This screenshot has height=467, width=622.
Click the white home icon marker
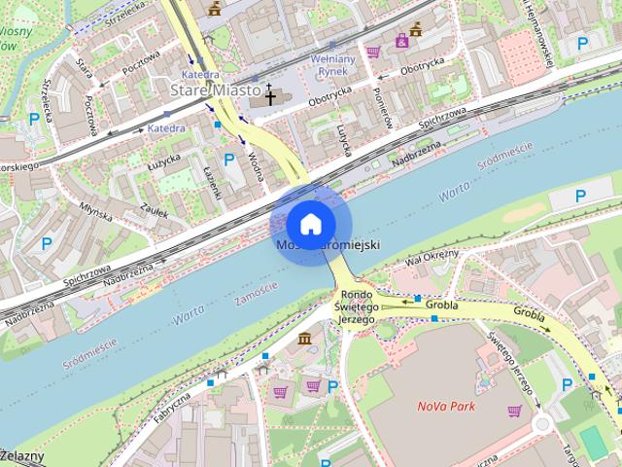(x=310, y=224)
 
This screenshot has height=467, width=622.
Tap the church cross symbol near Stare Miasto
(x=270, y=96)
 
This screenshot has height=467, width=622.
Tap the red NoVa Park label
(x=446, y=406)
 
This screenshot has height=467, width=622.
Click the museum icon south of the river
(x=304, y=338)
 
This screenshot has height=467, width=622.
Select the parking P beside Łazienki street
(x=229, y=160)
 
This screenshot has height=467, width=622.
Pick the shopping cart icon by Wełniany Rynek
(x=373, y=52)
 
